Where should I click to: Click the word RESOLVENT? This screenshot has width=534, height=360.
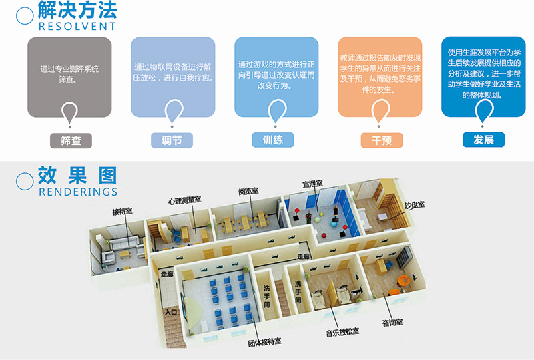pyautogui.click(x=77, y=27)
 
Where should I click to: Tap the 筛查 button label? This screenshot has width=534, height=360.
pyautogui.click(x=70, y=140)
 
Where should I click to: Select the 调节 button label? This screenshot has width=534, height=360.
pyautogui.click(x=172, y=140)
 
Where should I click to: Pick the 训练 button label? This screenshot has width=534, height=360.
pyautogui.click(x=273, y=140)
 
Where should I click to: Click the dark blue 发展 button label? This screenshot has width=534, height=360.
pyautogui.click(x=483, y=140)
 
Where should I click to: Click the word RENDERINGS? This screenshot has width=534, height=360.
pyautogui.click(x=79, y=192)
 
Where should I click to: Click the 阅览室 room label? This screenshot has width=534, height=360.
pyautogui.click(x=248, y=192)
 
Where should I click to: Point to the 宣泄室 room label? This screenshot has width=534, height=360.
pyautogui.click(x=312, y=183)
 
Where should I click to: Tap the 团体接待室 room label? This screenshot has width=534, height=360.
pyautogui.click(x=264, y=341)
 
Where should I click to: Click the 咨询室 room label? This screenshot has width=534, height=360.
pyautogui.click(x=392, y=323)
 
